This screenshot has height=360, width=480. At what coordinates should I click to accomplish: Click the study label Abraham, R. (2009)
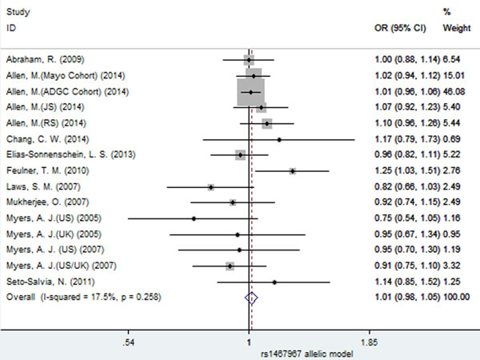click(46, 59)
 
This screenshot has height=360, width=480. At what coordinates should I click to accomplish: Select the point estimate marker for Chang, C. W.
click(279, 140)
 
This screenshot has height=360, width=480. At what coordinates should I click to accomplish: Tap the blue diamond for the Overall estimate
click(251, 298)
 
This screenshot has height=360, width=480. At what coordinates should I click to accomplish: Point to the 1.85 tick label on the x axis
click(369, 342)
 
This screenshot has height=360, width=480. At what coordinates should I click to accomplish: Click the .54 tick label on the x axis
click(128, 342)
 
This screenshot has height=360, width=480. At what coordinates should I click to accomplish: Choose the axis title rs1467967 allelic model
click(306, 354)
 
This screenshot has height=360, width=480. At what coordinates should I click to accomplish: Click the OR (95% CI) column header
click(400, 28)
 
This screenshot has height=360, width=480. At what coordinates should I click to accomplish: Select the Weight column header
click(457, 28)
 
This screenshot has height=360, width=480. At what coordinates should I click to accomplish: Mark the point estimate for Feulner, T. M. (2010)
click(293, 171)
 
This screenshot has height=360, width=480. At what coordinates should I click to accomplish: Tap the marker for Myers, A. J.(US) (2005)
click(194, 218)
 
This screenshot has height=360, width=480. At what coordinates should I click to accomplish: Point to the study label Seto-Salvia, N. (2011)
click(50, 282)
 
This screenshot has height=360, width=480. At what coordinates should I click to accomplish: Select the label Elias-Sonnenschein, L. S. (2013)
click(70, 154)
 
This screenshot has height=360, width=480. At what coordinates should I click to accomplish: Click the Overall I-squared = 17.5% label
click(83, 297)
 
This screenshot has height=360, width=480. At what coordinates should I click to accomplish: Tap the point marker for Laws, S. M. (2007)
click(211, 187)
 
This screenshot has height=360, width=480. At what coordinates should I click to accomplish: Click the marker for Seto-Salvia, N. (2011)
click(274, 282)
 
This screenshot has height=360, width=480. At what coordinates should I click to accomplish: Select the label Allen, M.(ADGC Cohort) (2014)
click(67, 91)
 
